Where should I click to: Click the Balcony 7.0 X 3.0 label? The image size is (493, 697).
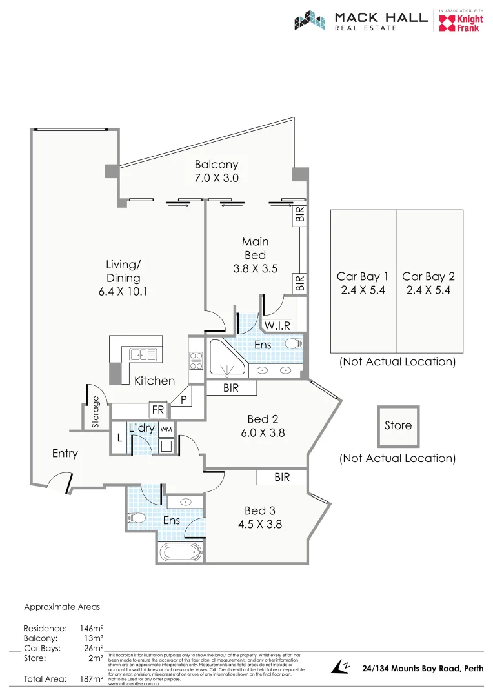[216, 171]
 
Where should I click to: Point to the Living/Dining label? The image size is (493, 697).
[123, 278]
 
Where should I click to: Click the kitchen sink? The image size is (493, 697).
[142, 354]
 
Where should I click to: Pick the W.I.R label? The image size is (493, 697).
[277, 325]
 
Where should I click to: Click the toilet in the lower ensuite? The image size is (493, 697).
[136, 517]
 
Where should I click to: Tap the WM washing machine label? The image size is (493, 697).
[166, 429]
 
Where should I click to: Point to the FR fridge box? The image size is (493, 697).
[157, 409]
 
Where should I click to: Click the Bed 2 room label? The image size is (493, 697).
[263, 426]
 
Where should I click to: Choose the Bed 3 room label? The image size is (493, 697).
[259, 517]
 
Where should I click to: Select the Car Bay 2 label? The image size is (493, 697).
[428, 283]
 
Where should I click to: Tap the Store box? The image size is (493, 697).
[397, 426]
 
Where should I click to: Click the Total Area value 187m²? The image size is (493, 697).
[90, 679]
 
